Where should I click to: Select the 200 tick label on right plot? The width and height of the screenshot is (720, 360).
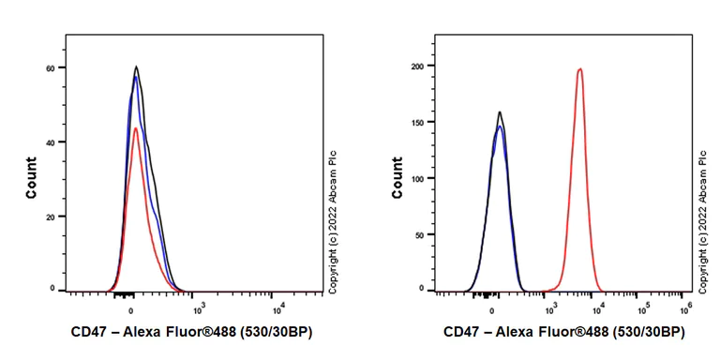click(x=418, y=66)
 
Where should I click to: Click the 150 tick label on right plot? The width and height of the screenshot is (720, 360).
click(x=418, y=122)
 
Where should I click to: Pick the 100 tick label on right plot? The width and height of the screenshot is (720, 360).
click(x=418, y=178)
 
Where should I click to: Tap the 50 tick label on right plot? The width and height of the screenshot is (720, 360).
click(x=420, y=234)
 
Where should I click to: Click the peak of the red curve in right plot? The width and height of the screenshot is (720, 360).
click(x=580, y=68)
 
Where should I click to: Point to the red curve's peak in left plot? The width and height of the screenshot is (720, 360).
click(x=136, y=128)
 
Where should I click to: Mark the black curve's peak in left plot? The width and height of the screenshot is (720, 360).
click(x=137, y=67)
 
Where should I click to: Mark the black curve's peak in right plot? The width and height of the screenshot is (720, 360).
click(x=500, y=112)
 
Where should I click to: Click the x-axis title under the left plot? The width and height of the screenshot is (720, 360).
click(x=198, y=332)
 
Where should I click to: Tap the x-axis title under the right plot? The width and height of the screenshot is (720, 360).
click(x=563, y=332)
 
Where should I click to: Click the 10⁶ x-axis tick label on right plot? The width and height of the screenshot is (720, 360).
click(x=685, y=307)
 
